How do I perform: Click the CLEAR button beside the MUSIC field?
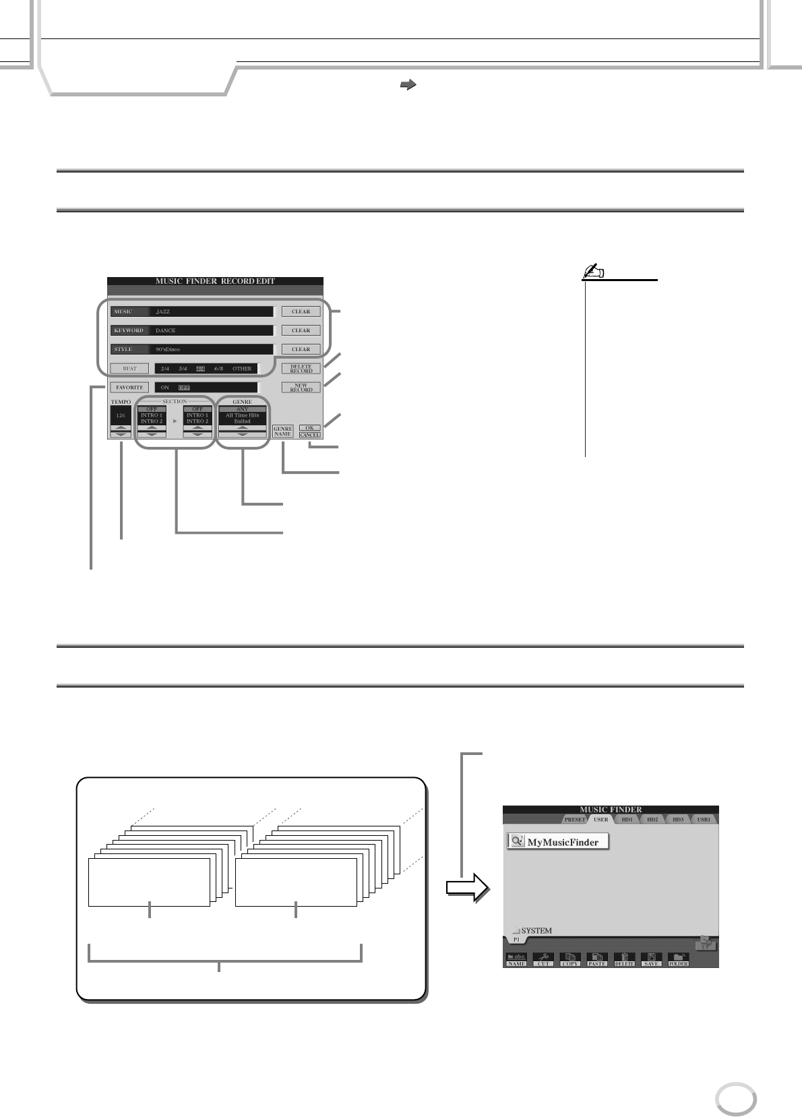(301, 311)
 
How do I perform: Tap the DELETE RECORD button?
(301, 369)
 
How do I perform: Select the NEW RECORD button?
(301, 388)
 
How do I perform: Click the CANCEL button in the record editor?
(309, 435)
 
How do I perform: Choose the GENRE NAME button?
(282, 431)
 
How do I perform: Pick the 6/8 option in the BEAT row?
(218, 369)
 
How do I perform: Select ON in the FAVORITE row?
(165, 388)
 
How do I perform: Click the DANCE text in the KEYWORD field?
(166, 330)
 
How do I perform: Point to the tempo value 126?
(120, 415)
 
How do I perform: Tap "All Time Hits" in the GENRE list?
(242, 415)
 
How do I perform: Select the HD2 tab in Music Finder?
(651, 820)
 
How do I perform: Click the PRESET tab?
(575, 820)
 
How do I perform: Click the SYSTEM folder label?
(536, 931)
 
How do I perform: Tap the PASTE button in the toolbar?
(597, 961)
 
